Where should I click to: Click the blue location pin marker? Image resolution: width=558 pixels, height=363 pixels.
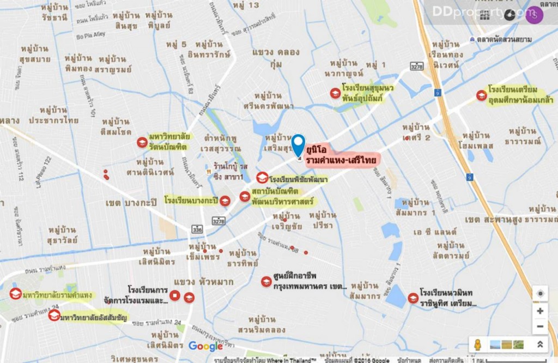click(x=298, y=145)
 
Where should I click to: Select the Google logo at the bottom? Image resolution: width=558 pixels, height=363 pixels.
click(x=205, y=346)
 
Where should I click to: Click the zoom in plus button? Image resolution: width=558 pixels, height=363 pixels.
click(x=539, y=311)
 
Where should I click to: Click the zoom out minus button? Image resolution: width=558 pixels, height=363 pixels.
click(x=539, y=327)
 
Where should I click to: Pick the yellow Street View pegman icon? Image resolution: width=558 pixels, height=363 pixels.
click(x=478, y=344)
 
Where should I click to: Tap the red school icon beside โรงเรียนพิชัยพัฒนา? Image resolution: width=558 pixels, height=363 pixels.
click(x=262, y=178)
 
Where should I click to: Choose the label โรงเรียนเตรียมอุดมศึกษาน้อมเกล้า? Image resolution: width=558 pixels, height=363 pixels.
click(x=520, y=95)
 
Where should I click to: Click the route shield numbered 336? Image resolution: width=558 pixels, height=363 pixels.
click(x=196, y=230)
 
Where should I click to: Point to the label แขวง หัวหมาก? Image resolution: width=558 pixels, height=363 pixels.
click(x=203, y=282)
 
